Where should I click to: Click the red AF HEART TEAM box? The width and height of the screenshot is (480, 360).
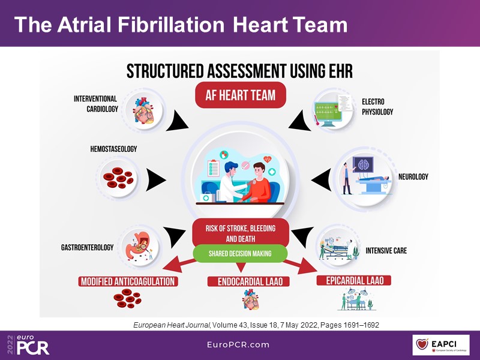point(240,95)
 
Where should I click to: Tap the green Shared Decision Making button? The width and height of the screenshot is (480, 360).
point(240,254)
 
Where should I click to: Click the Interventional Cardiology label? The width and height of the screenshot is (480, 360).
point(96,104)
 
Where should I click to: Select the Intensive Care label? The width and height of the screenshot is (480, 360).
point(386,250)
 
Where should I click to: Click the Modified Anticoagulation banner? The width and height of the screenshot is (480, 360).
point(127,281)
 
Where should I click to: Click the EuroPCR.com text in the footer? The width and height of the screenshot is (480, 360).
point(240,345)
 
